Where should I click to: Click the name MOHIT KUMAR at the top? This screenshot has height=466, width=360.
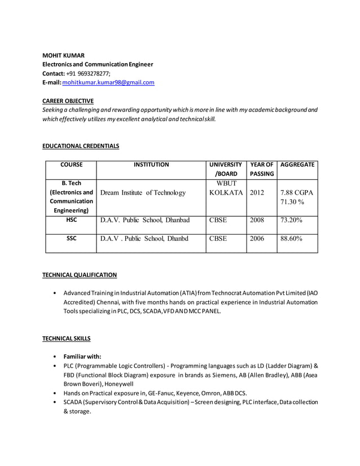click(64, 55)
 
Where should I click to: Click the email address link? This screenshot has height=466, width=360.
click(108, 82)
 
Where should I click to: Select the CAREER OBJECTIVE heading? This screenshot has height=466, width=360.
click(68, 100)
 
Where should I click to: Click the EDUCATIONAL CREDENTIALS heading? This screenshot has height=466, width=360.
click(81, 146)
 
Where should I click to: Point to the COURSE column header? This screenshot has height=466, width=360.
click(71, 165)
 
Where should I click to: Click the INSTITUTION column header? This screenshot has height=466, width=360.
click(151, 165)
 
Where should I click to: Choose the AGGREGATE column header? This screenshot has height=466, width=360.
click(297, 165)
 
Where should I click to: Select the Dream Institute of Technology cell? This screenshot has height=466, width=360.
click(143, 193)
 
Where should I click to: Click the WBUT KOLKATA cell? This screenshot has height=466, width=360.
click(226, 188)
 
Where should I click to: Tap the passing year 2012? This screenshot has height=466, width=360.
click(257, 192)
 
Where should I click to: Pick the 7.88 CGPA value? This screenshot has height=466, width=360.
click(297, 192)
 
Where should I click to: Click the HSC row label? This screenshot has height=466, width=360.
click(71, 220)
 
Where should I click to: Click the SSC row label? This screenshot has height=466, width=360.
click(71, 239)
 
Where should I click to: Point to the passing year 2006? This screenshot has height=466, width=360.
click(257, 239)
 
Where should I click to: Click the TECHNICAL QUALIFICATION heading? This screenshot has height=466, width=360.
click(80, 275)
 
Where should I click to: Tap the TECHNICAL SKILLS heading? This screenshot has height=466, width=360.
click(67, 338)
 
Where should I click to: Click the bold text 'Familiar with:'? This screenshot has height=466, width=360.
click(82, 357)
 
